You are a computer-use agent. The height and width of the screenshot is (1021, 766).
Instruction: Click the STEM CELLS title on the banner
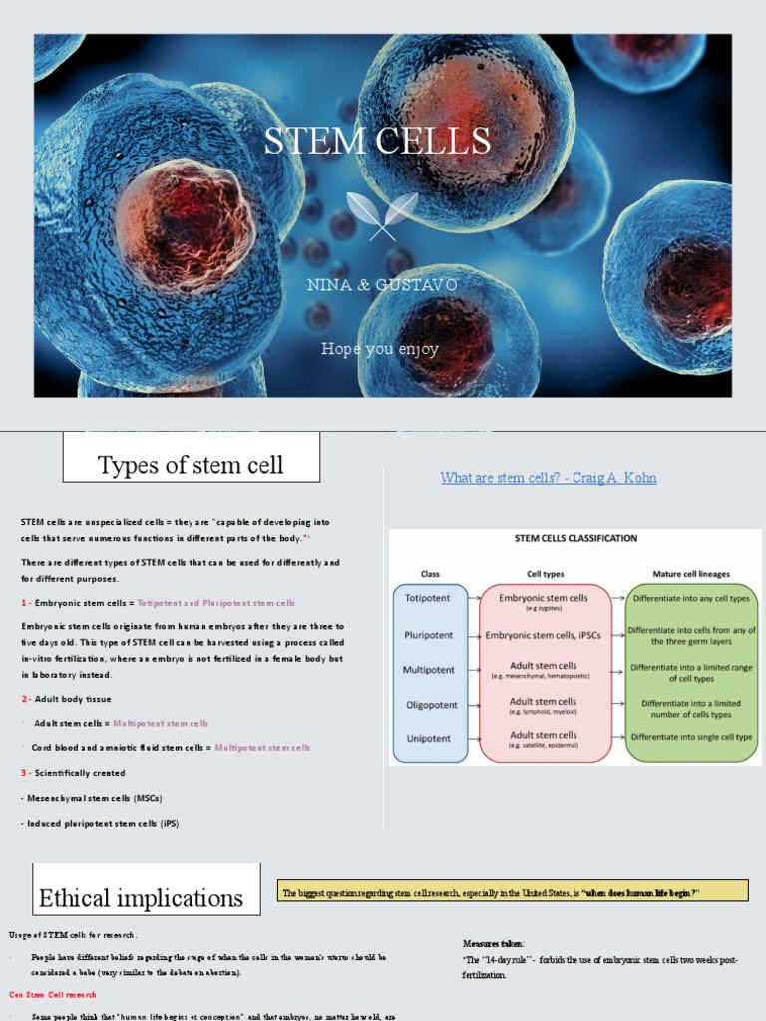click(377, 141)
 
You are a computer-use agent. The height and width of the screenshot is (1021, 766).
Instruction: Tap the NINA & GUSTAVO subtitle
click(383, 286)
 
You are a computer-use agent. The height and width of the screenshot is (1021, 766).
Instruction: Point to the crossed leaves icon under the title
click(382, 215)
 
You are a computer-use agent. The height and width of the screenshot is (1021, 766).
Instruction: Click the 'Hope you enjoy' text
click(379, 349)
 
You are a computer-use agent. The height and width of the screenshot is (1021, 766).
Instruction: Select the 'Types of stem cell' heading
click(191, 465)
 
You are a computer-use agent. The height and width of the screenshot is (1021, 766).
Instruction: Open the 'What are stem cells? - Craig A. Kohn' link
click(549, 478)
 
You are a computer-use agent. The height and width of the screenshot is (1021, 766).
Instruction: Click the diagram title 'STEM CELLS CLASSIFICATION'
click(574, 538)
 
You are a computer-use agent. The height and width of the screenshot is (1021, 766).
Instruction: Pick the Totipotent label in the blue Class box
click(428, 598)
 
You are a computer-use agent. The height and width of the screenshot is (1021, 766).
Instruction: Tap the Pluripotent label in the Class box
click(429, 634)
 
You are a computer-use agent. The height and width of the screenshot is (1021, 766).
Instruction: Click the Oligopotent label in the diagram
click(430, 705)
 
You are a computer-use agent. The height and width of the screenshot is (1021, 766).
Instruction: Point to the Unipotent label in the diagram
click(429, 739)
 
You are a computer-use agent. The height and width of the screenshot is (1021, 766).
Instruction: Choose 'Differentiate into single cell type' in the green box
click(691, 737)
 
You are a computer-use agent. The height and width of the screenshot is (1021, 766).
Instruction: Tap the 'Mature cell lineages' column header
click(690, 574)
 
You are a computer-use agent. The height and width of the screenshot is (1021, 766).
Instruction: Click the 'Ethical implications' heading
click(141, 898)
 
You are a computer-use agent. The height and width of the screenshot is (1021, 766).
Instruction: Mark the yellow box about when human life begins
click(513, 891)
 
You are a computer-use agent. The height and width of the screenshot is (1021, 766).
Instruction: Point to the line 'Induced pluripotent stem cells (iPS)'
click(100, 823)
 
